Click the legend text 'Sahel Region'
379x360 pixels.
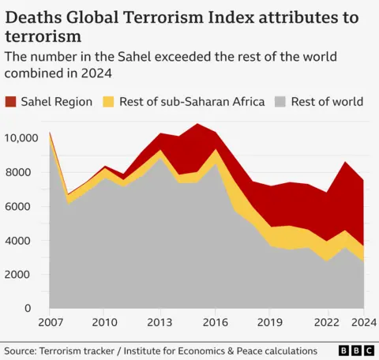pyautogui.click(x=58, y=101)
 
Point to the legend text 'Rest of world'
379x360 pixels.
pyautogui.click(x=327, y=101)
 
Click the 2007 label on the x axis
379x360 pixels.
pyautogui.click(x=50, y=323)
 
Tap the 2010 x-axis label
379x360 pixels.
pyautogui.click(x=104, y=323)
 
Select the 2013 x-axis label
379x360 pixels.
pyautogui.click(x=160, y=323)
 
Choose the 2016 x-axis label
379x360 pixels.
pyautogui.click(x=216, y=323)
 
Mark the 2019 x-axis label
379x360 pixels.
pyautogui.click(x=271, y=323)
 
